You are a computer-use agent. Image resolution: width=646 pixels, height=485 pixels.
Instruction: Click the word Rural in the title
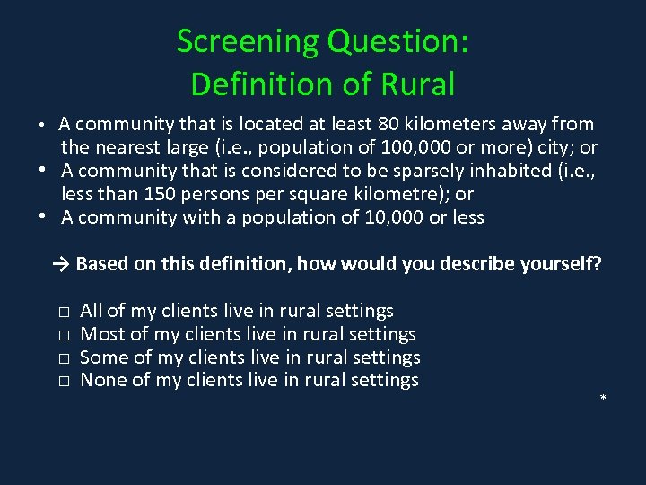(415, 84)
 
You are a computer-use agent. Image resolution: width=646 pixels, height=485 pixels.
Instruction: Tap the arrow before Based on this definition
(61, 264)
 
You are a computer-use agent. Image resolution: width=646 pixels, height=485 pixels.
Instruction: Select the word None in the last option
(101, 381)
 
